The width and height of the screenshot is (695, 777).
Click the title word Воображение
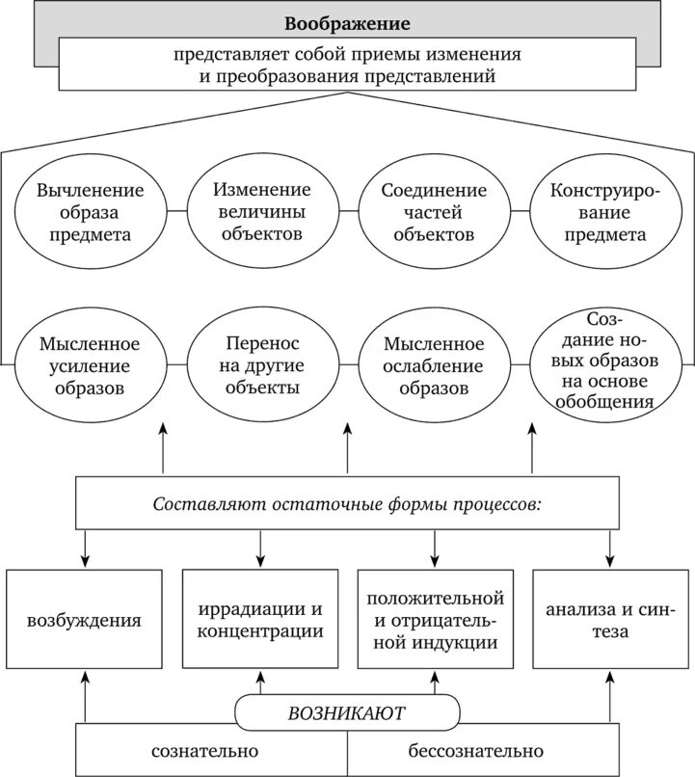point(347,22)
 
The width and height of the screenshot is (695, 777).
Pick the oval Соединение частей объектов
point(433,211)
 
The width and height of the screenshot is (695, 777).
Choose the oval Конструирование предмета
point(605,211)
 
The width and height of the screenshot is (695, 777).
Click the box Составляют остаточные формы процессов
point(346,503)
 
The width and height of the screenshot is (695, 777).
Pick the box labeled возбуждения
point(84,619)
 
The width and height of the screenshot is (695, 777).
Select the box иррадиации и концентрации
point(259,619)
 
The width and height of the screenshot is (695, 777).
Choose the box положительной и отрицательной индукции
point(433,619)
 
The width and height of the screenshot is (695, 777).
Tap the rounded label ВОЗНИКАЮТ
point(347,713)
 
